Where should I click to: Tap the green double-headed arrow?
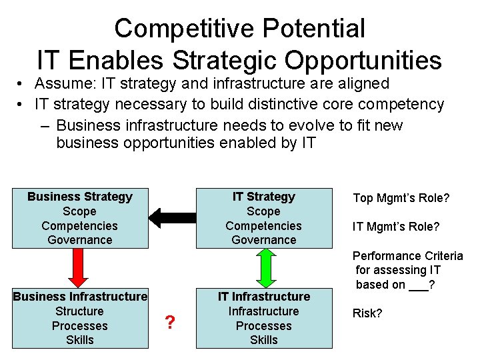pyautogui.click(x=263, y=268)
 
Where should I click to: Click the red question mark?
pyautogui.click(x=170, y=323)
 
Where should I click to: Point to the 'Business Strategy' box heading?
pyautogui.click(x=80, y=197)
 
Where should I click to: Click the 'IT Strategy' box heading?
pyautogui.click(x=263, y=197)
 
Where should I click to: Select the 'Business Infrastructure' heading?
pyautogui.click(x=80, y=297)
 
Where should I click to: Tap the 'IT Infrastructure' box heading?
pyautogui.click(x=263, y=297)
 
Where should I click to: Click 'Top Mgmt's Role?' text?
pyautogui.click(x=401, y=198)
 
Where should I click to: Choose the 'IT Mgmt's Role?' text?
pyautogui.click(x=396, y=227)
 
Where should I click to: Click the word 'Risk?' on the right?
pyautogui.click(x=367, y=313)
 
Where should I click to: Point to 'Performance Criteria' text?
pyautogui.click(x=407, y=256)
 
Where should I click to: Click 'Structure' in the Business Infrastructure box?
pyautogui.click(x=80, y=311)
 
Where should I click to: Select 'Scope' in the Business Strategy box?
pyautogui.click(x=80, y=211)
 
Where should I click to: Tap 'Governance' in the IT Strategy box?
pyautogui.click(x=263, y=240)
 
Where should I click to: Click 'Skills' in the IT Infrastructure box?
pyautogui.click(x=263, y=340)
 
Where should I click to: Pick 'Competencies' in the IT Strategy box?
pyautogui.click(x=263, y=226)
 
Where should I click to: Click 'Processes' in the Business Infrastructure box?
pyautogui.click(x=80, y=326)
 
